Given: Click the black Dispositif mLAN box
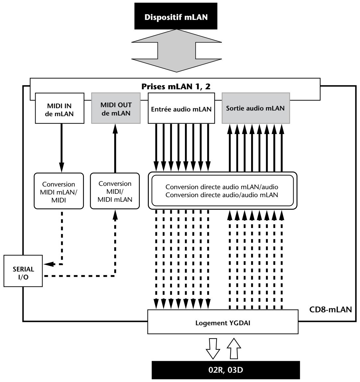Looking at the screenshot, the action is click(176, 16).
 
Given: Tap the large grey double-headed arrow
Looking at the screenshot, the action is click(176, 51).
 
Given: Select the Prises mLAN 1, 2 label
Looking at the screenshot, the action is click(176, 87).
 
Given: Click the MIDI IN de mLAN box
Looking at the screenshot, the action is click(60, 108).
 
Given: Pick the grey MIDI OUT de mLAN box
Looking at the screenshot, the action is click(116, 108).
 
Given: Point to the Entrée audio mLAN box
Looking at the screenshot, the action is click(181, 108).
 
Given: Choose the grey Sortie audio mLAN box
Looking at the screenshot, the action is click(256, 108).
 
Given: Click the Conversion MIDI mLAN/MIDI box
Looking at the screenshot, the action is click(59, 191).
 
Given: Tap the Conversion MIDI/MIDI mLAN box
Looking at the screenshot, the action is click(115, 191).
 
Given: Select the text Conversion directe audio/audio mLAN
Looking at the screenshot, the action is click(222, 195).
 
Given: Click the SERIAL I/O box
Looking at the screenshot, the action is click(23, 271).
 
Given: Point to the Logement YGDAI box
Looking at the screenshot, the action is click(223, 322).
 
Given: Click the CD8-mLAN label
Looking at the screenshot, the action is click(330, 309).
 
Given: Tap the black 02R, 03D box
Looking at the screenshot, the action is click(226, 370).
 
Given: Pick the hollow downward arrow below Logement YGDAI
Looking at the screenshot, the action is click(213, 348).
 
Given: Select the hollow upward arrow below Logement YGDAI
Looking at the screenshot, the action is click(234, 348).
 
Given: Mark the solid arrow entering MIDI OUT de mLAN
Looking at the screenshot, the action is click(115, 148).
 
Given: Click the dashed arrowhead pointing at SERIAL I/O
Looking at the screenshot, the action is click(49, 264).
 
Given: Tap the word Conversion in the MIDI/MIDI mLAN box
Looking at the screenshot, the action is click(115, 184).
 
